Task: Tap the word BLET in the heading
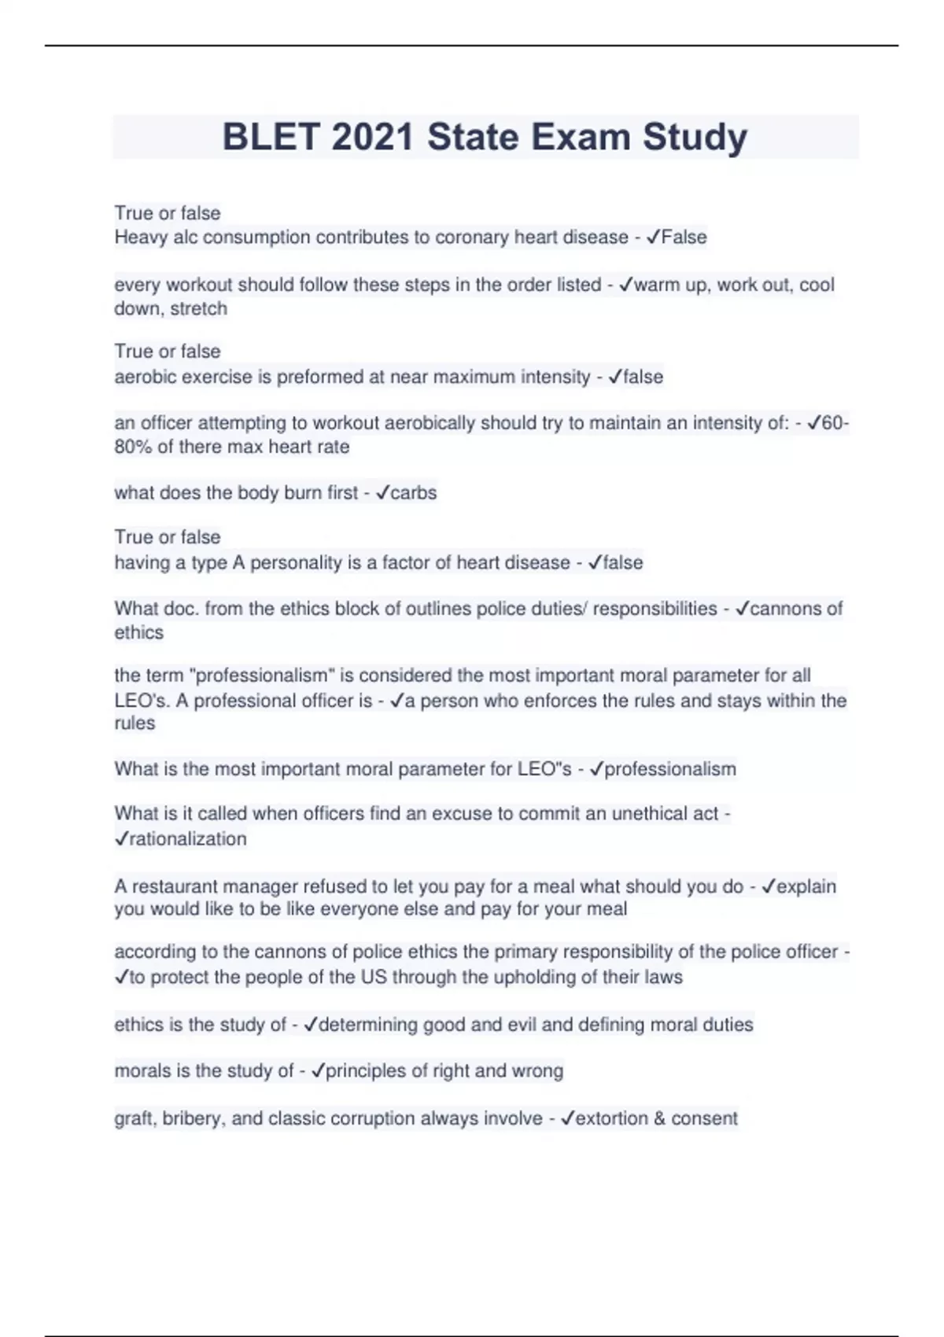point(271,137)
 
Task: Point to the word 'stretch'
point(198,308)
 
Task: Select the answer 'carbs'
point(413,493)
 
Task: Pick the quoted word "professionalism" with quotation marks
point(263,676)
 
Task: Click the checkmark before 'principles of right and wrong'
point(318,1071)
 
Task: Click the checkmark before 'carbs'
point(382,493)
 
